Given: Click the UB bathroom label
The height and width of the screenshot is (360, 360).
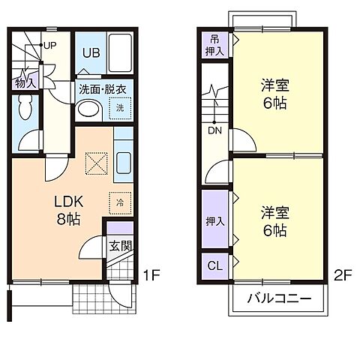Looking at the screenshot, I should point(90,52).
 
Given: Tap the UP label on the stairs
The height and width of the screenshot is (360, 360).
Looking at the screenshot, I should point(49,45).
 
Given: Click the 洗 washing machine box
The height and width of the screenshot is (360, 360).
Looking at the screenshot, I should point(120,109).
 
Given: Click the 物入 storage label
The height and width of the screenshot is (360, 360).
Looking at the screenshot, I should point(25,82).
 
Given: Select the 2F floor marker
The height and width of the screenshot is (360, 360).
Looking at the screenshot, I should point(343,274).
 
